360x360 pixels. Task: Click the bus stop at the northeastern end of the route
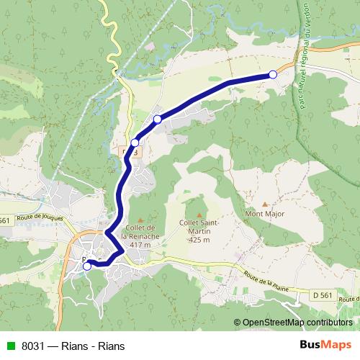pos(272,74)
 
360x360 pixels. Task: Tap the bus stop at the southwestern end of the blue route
pos(87,266)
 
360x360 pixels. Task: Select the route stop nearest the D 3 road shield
pos(135,143)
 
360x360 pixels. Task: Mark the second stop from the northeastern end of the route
pos(158,119)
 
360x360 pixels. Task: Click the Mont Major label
pos(266,214)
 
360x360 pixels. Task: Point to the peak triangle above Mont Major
pos(264,204)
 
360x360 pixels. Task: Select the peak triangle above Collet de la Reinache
pos(140,219)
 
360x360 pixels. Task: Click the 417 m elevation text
pos(140,245)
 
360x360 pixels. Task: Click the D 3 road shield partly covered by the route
pos(130,153)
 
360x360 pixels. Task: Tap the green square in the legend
pos(9,346)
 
